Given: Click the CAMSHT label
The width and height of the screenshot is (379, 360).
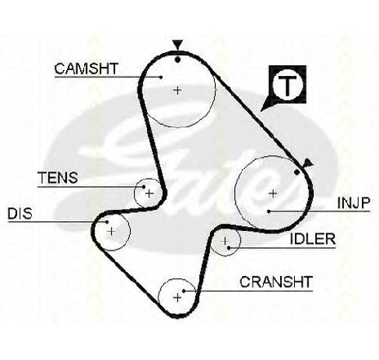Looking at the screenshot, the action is pyautogui.click(x=86, y=69).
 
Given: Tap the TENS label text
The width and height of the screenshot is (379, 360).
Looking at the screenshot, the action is pyautogui.click(x=58, y=178).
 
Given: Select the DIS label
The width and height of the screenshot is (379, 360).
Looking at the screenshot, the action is pyautogui.click(x=20, y=213).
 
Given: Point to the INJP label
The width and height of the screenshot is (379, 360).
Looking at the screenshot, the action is pyautogui.click(x=354, y=202).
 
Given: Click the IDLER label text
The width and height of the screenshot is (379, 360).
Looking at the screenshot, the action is pyautogui.click(x=313, y=239).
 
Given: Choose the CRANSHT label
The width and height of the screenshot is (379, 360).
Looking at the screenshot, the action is pyautogui.click(x=276, y=282).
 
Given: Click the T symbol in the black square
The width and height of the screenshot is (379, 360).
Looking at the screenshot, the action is pyautogui.click(x=288, y=84).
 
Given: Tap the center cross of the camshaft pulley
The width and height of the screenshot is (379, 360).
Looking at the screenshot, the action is pyautogui.click(x=177, y=90).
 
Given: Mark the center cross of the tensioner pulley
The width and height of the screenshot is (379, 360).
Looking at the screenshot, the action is pyautogui.click(x=149, y=193).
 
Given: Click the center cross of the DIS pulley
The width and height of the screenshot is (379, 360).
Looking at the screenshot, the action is pyautogui.click(x=111, y=232).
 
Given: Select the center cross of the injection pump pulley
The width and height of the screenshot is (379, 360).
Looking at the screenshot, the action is pyautogui.click(x=273, y=193).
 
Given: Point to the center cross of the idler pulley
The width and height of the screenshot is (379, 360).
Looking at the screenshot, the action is pyautogui.click(x=225, y=241).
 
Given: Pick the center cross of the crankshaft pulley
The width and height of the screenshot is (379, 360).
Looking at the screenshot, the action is pyautogui.click(x=177, y=297).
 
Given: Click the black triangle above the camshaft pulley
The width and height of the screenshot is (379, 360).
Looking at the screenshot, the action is pyautogui.click(x=177, y=44).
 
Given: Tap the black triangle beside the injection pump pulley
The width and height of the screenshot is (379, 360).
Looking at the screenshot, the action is pyautogui.click(x=307, y=162).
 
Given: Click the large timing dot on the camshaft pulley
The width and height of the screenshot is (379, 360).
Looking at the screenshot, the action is pyautogui.click(x=177, y=60).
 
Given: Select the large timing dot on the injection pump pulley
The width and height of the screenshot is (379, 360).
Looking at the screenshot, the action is pyautogui.click(x=297, y=172).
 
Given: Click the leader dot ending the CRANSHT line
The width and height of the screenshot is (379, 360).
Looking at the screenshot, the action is pyautogui.click(x=184, y=291).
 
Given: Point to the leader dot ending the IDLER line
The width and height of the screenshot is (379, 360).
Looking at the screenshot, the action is pyautogui.click(x=229, y=248).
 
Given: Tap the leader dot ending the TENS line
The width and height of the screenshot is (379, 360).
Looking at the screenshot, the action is pyautogui.click(x=144, y=187).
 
